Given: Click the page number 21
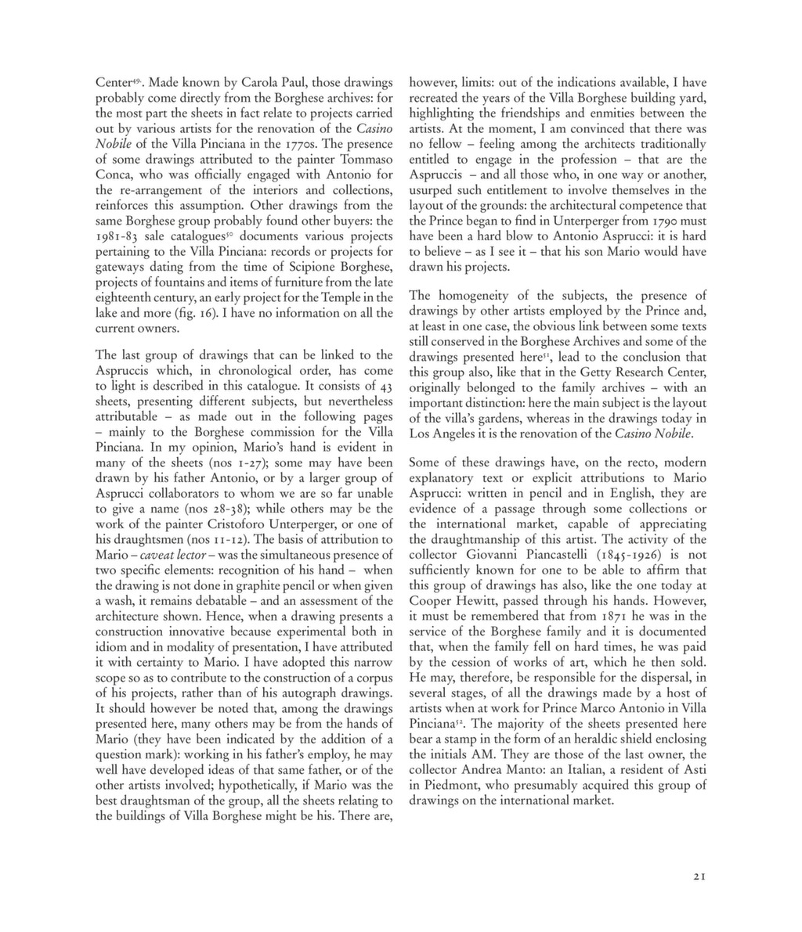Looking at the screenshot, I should pyautogui.click(x=699, y=877).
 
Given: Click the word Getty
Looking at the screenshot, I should pyautogui.click(x=590, y=372).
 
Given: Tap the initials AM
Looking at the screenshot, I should pyautogui.click(x=478, y=754).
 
